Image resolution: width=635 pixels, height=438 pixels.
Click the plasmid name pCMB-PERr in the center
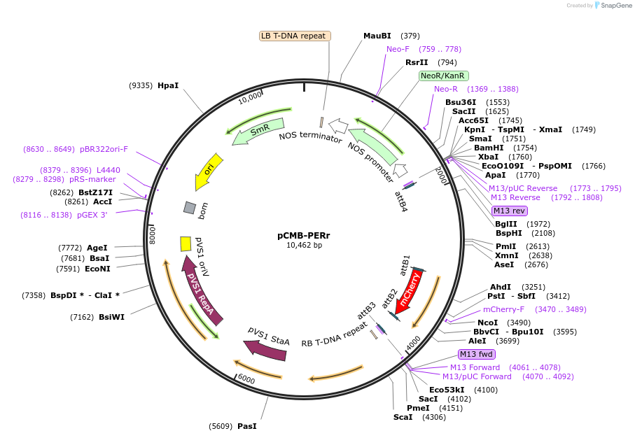303,235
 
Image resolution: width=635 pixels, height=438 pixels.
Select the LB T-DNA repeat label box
294,36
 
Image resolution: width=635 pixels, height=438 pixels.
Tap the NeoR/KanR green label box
444,76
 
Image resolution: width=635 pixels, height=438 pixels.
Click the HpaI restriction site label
168,85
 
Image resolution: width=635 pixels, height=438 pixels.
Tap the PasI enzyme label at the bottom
246,425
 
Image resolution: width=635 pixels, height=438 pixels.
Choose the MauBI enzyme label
377,36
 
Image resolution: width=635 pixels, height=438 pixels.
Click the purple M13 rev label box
509,211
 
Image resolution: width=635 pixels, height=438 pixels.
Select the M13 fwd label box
477,354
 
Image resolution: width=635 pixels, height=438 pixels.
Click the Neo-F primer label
398,49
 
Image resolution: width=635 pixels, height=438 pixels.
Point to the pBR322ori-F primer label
104,149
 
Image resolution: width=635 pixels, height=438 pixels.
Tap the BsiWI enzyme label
111,317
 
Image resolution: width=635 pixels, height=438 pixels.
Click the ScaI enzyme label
403,417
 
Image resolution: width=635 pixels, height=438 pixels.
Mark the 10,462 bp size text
304,246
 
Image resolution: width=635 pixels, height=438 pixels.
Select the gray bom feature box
190,208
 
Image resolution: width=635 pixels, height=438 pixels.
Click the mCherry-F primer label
503,309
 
